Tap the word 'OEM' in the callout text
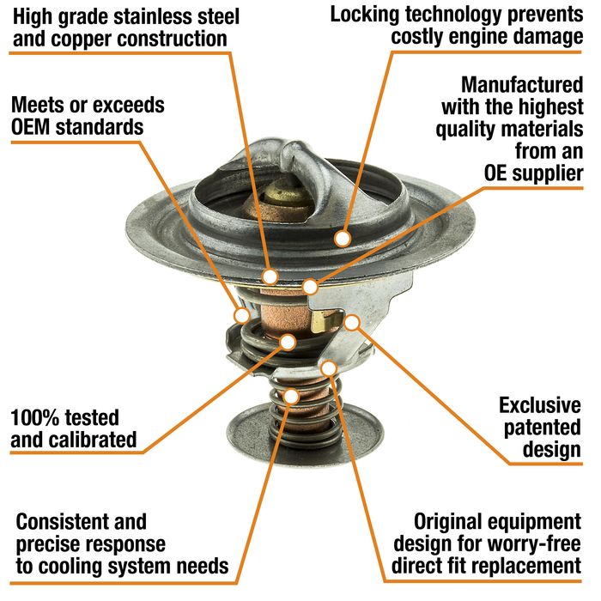(x=31, y=127)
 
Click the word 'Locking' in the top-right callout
(x=365, y=15)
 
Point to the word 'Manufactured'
(x=522, y=84)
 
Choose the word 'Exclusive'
(x=540, y=405)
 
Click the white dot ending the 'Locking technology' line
(x=343, y=239)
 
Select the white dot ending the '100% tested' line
(x=288, y=342)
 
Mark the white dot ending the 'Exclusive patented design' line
(x=351, y=323)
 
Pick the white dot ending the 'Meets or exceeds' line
(x=242, y=316)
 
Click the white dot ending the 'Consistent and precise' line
(x=292, y=397)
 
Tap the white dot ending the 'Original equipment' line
(x=329, y=368)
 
